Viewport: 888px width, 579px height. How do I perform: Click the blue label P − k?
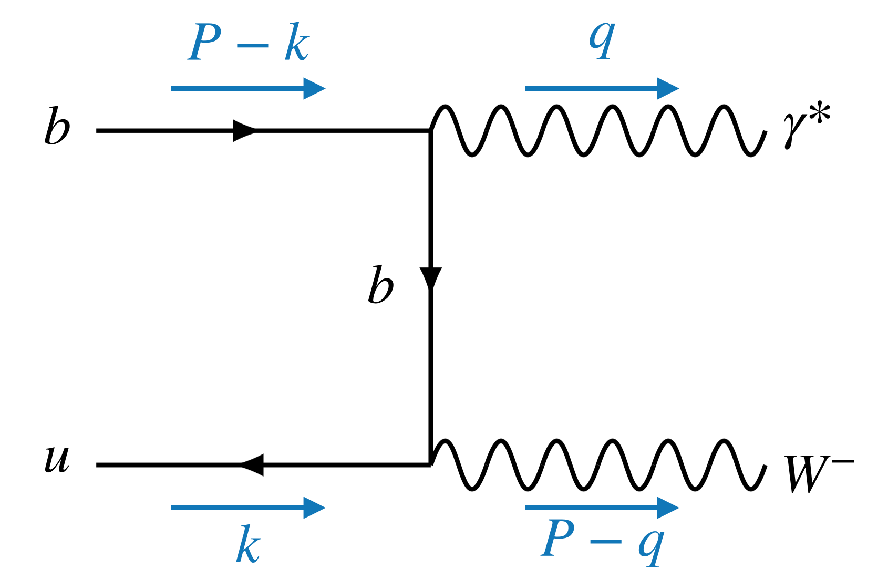pos(249,42)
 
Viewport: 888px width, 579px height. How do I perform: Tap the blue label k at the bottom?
pos(248,545)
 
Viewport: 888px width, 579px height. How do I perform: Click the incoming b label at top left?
pos(57,127)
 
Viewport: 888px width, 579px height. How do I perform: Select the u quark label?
pos(57,458)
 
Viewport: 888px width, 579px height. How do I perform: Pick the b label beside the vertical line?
pos(380,285)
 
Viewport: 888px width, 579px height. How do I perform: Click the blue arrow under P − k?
pos(248,88)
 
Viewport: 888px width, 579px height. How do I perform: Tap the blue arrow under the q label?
pos(602,88)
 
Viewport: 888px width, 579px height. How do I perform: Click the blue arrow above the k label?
pos(248,508)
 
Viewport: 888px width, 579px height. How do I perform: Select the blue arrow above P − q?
pos(602,508)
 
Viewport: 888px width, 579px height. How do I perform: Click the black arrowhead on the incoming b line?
pos(244,130)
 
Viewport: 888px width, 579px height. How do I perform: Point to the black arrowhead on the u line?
pos(252,465)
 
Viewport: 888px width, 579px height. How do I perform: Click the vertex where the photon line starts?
pos(431,130)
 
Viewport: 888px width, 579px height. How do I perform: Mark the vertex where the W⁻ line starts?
pos(431,464)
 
